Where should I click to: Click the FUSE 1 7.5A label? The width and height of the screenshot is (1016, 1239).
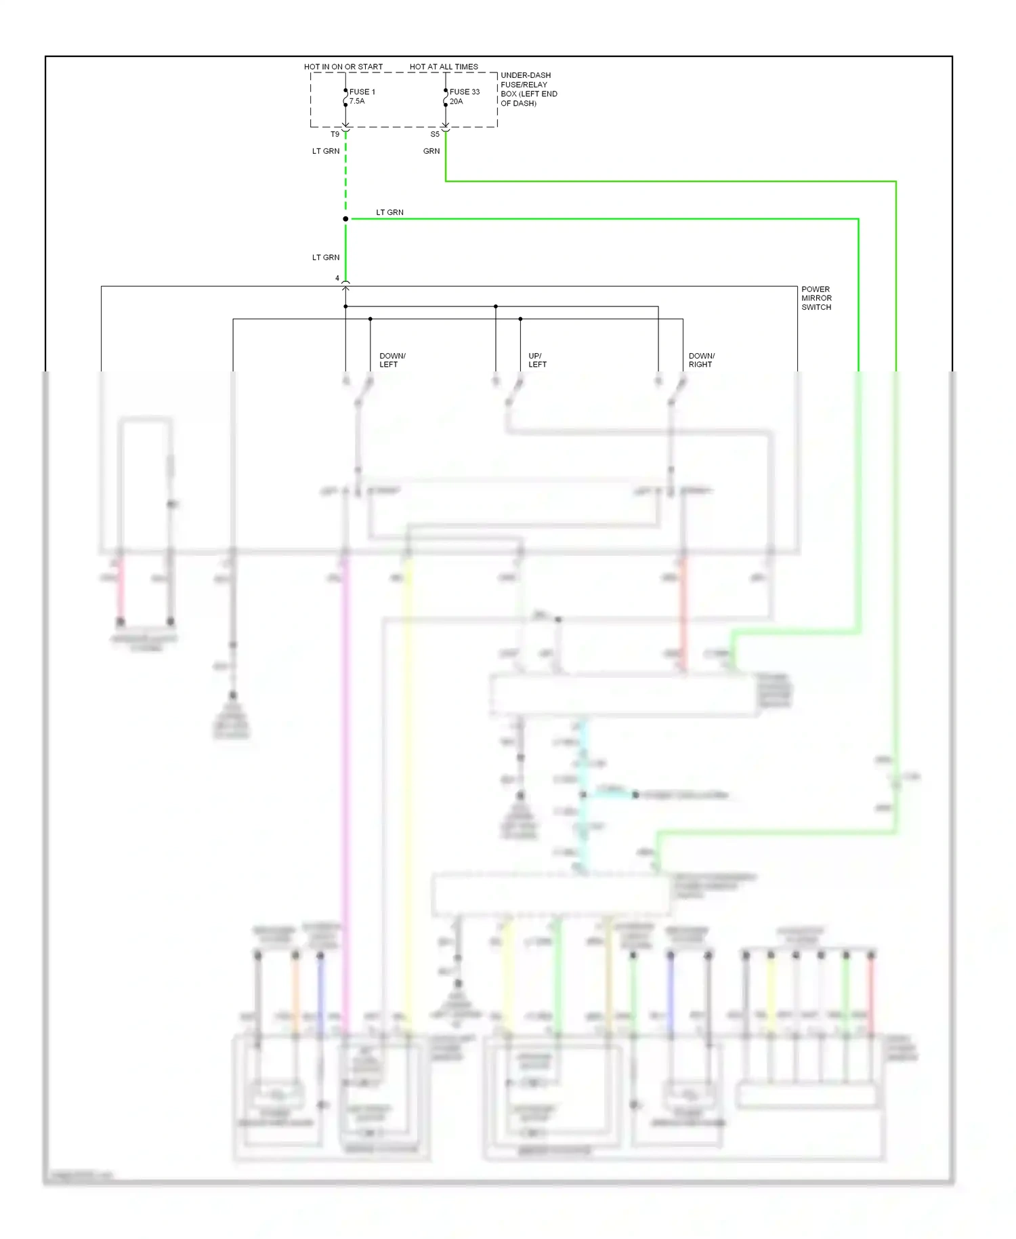click(x=362, y=96)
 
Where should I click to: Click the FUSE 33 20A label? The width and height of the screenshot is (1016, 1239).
click(x=464, y=96)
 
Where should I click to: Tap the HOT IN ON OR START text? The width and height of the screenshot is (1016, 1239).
click(x=343, y=66)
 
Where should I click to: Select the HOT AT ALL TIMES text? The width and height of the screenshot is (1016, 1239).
click(x=444, y=66)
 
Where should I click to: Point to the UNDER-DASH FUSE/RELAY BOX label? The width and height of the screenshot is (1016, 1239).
click(x=528, y=89)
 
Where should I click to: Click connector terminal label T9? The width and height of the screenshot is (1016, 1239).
click(x=335, y=134)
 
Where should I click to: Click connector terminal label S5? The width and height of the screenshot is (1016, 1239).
click(x=435, y=134)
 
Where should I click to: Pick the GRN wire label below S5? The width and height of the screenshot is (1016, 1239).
click(x=431, y=151)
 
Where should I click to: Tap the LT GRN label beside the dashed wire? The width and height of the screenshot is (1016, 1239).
click(x=326, y=151)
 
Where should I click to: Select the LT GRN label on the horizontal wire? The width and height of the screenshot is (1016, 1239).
click(x=389, y=212)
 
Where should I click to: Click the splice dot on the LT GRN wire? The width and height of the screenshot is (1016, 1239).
click(x=345, y=219)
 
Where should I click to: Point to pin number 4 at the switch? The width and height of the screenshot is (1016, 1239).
click(x=337, y=278)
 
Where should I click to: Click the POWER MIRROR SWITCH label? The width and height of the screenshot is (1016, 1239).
click(x=816, y=298)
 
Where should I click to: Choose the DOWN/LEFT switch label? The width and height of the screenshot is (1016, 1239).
click(x=392, y=360)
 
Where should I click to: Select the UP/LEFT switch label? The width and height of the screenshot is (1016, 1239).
click(x=537, y=360)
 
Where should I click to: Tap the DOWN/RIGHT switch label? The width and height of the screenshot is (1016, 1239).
click(x=701, y=360)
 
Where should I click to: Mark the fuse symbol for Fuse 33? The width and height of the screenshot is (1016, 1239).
click(x=445, y=98)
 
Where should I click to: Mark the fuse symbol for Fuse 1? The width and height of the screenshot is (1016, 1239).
click(x=345, y=98)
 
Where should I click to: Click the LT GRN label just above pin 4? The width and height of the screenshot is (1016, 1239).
click(x=326, y=258)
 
